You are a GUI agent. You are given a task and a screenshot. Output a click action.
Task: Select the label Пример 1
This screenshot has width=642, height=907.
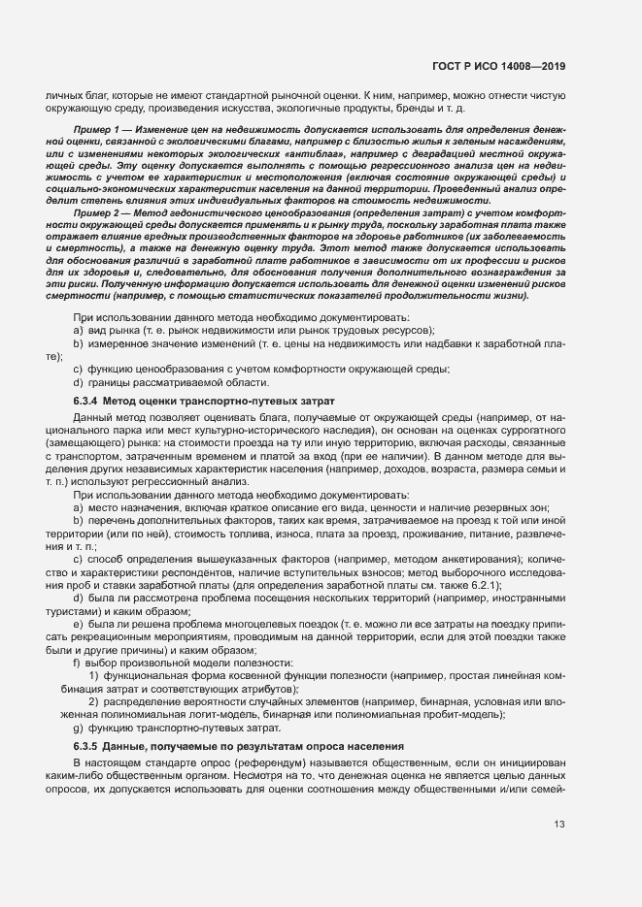(95, 129)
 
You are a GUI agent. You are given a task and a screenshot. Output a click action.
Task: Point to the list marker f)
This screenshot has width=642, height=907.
(78, 662)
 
